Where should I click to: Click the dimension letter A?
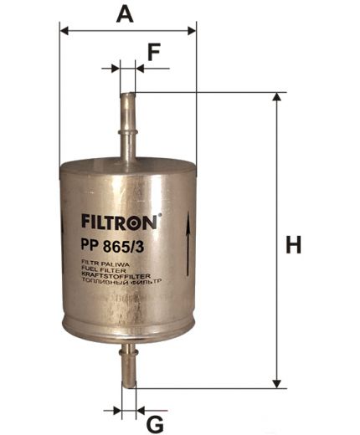(125, 13)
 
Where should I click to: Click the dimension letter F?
(153, 52)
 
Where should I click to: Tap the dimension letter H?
(293, 245)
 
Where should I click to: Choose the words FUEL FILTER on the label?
(100, 269)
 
